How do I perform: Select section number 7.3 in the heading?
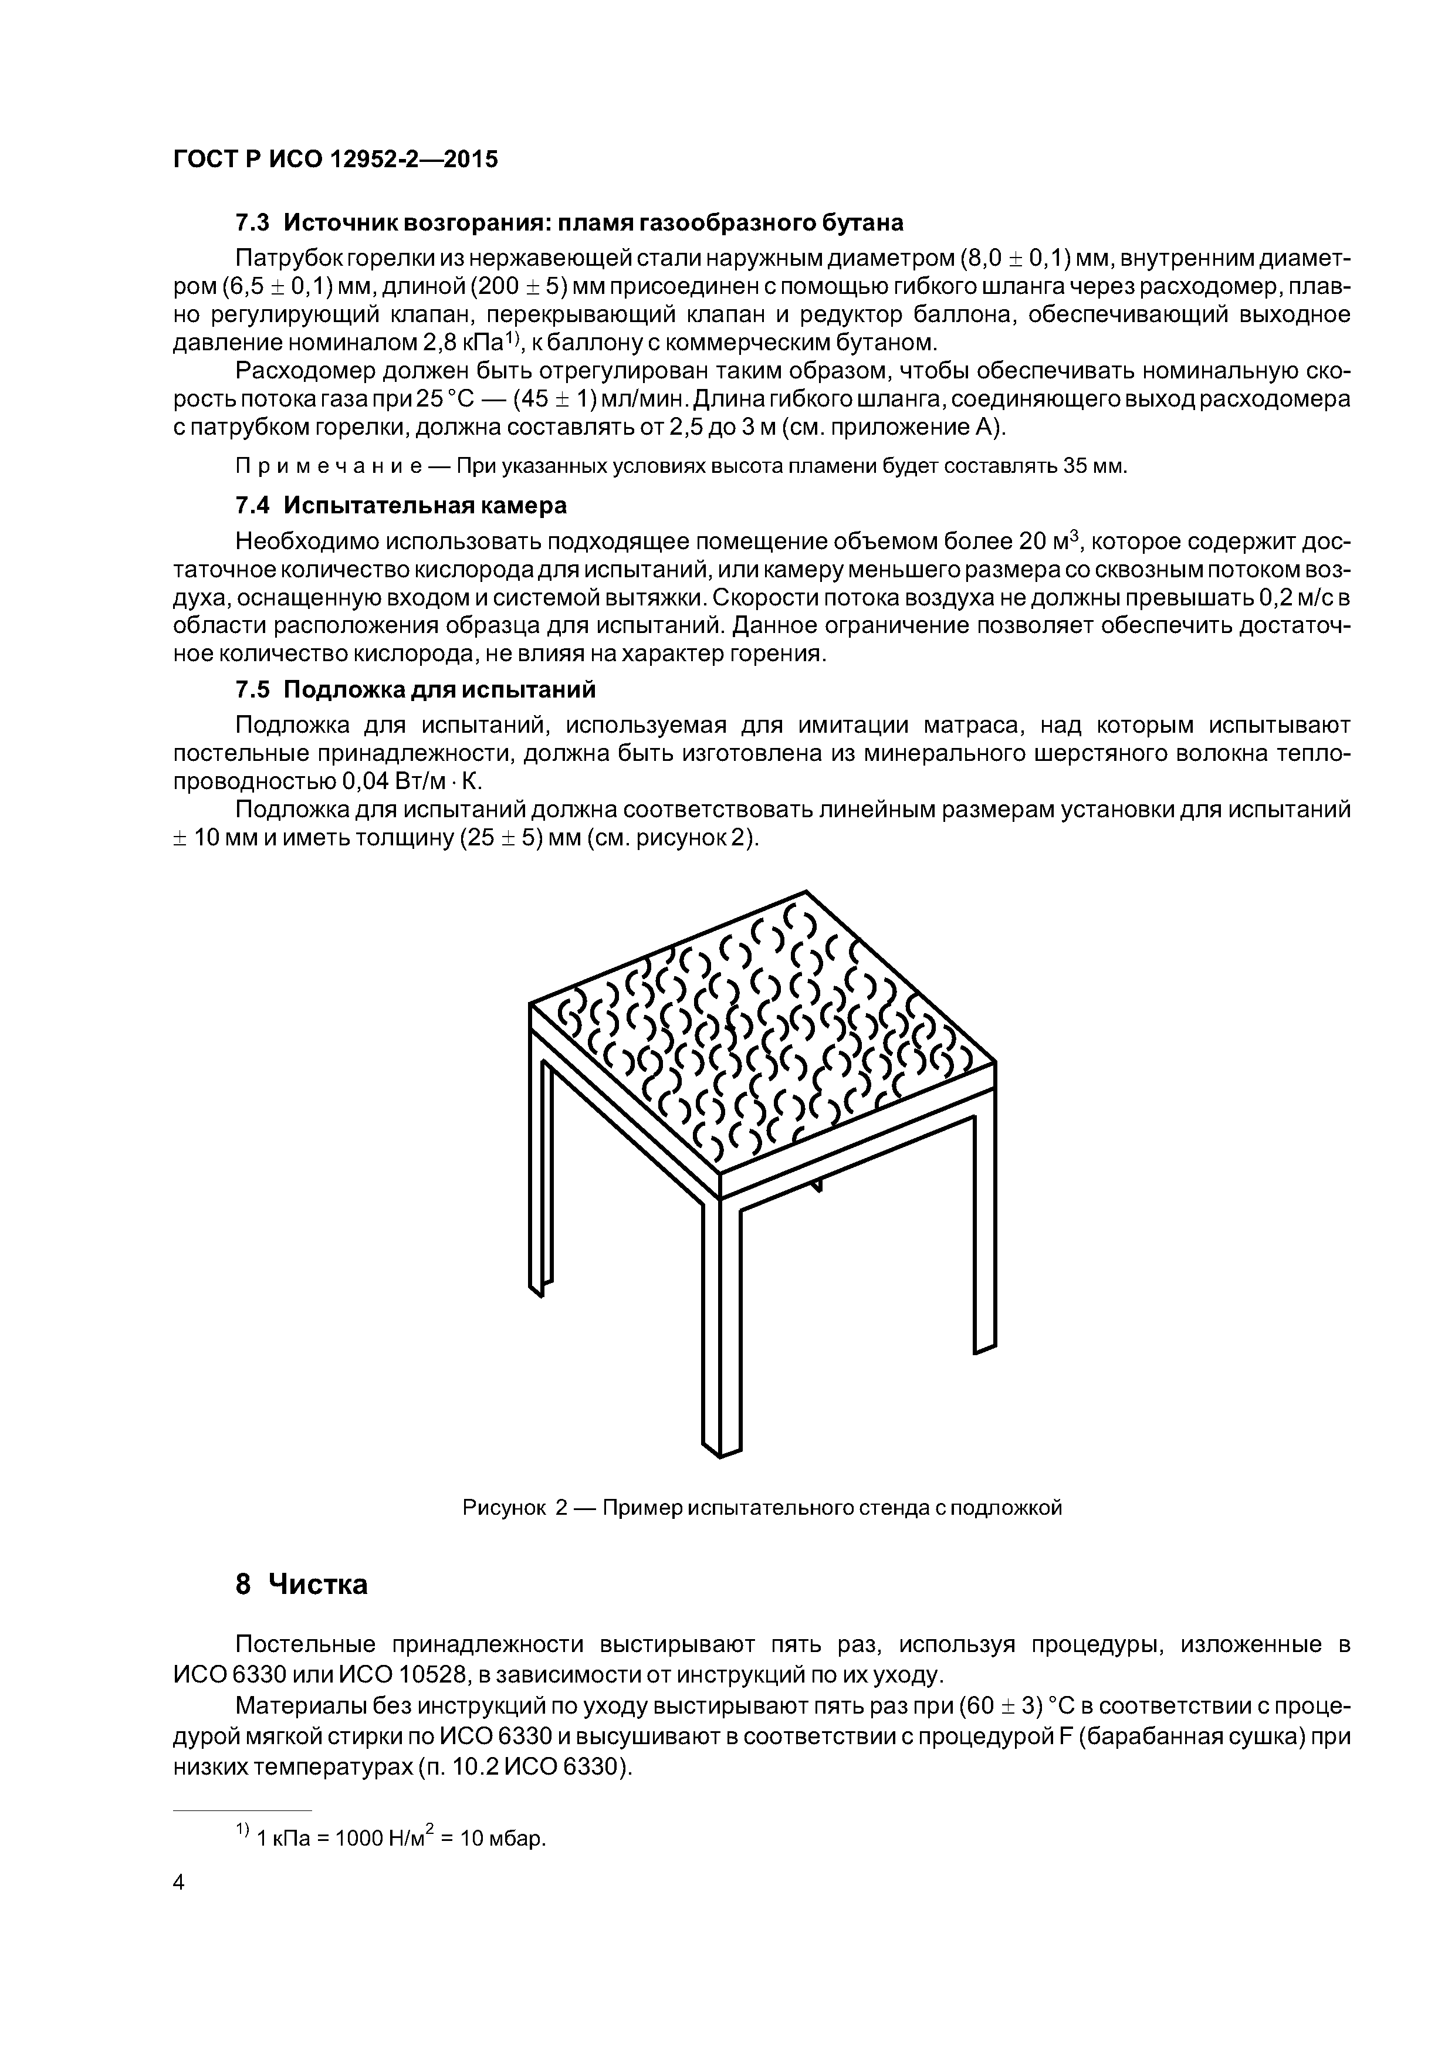point(252,222)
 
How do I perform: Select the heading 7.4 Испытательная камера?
point(401,506)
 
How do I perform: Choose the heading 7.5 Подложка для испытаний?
point(415,690)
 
